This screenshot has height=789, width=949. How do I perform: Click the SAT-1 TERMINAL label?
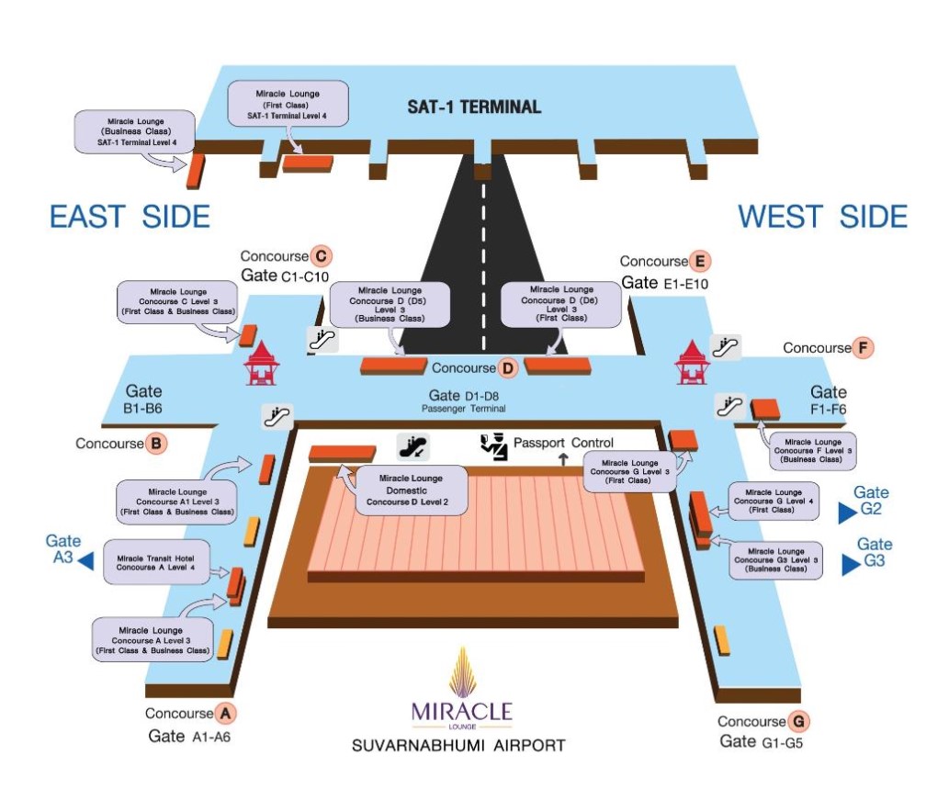tap(474, 107)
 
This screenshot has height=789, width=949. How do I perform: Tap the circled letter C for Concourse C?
tap(321, 256)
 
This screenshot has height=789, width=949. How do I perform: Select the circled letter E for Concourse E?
tap(700, 262)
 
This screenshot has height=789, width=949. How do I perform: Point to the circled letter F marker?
tap(862, 348)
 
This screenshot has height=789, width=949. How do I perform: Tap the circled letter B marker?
tap(156, 444)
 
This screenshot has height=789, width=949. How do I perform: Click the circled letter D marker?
tap(508, 368)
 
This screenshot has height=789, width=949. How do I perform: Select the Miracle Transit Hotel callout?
tap(162, 562)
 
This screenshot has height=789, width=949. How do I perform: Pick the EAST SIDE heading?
tap(130, 217)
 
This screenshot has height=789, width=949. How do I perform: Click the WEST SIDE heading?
tap(823, 217)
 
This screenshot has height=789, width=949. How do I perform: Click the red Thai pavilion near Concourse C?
tap(261, 363)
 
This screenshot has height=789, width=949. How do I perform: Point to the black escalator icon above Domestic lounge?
tap(412, 447)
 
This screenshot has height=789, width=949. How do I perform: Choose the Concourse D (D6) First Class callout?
tap(559, 303)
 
